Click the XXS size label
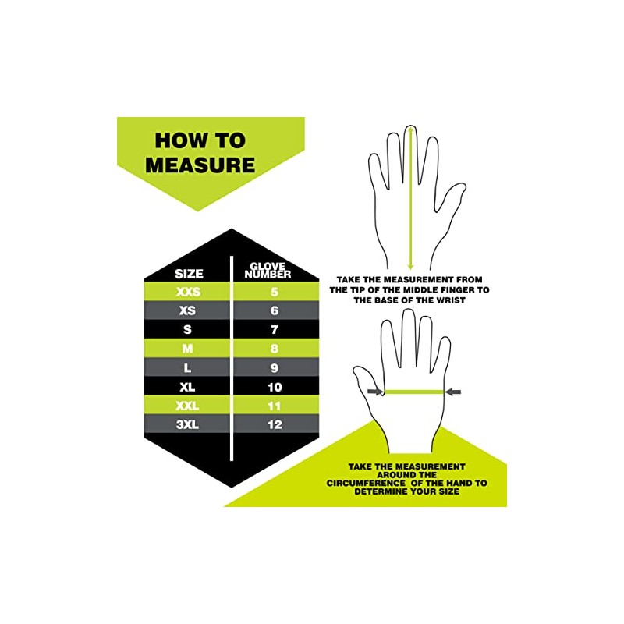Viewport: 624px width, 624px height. pos(189,291)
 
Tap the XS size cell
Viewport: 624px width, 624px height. pos(188,310)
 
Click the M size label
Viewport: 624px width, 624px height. pos(188,348)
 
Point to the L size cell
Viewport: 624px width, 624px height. pos(188,367)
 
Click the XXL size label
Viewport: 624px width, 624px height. pos(188,405)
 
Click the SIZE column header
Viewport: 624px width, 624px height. pos(189,273)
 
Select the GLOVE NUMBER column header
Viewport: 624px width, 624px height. pos(268,270)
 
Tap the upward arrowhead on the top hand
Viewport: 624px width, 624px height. pos(408,129)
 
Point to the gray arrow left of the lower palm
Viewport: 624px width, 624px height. pos(375,392)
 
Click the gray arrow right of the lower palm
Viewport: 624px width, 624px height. pos(453,392)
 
